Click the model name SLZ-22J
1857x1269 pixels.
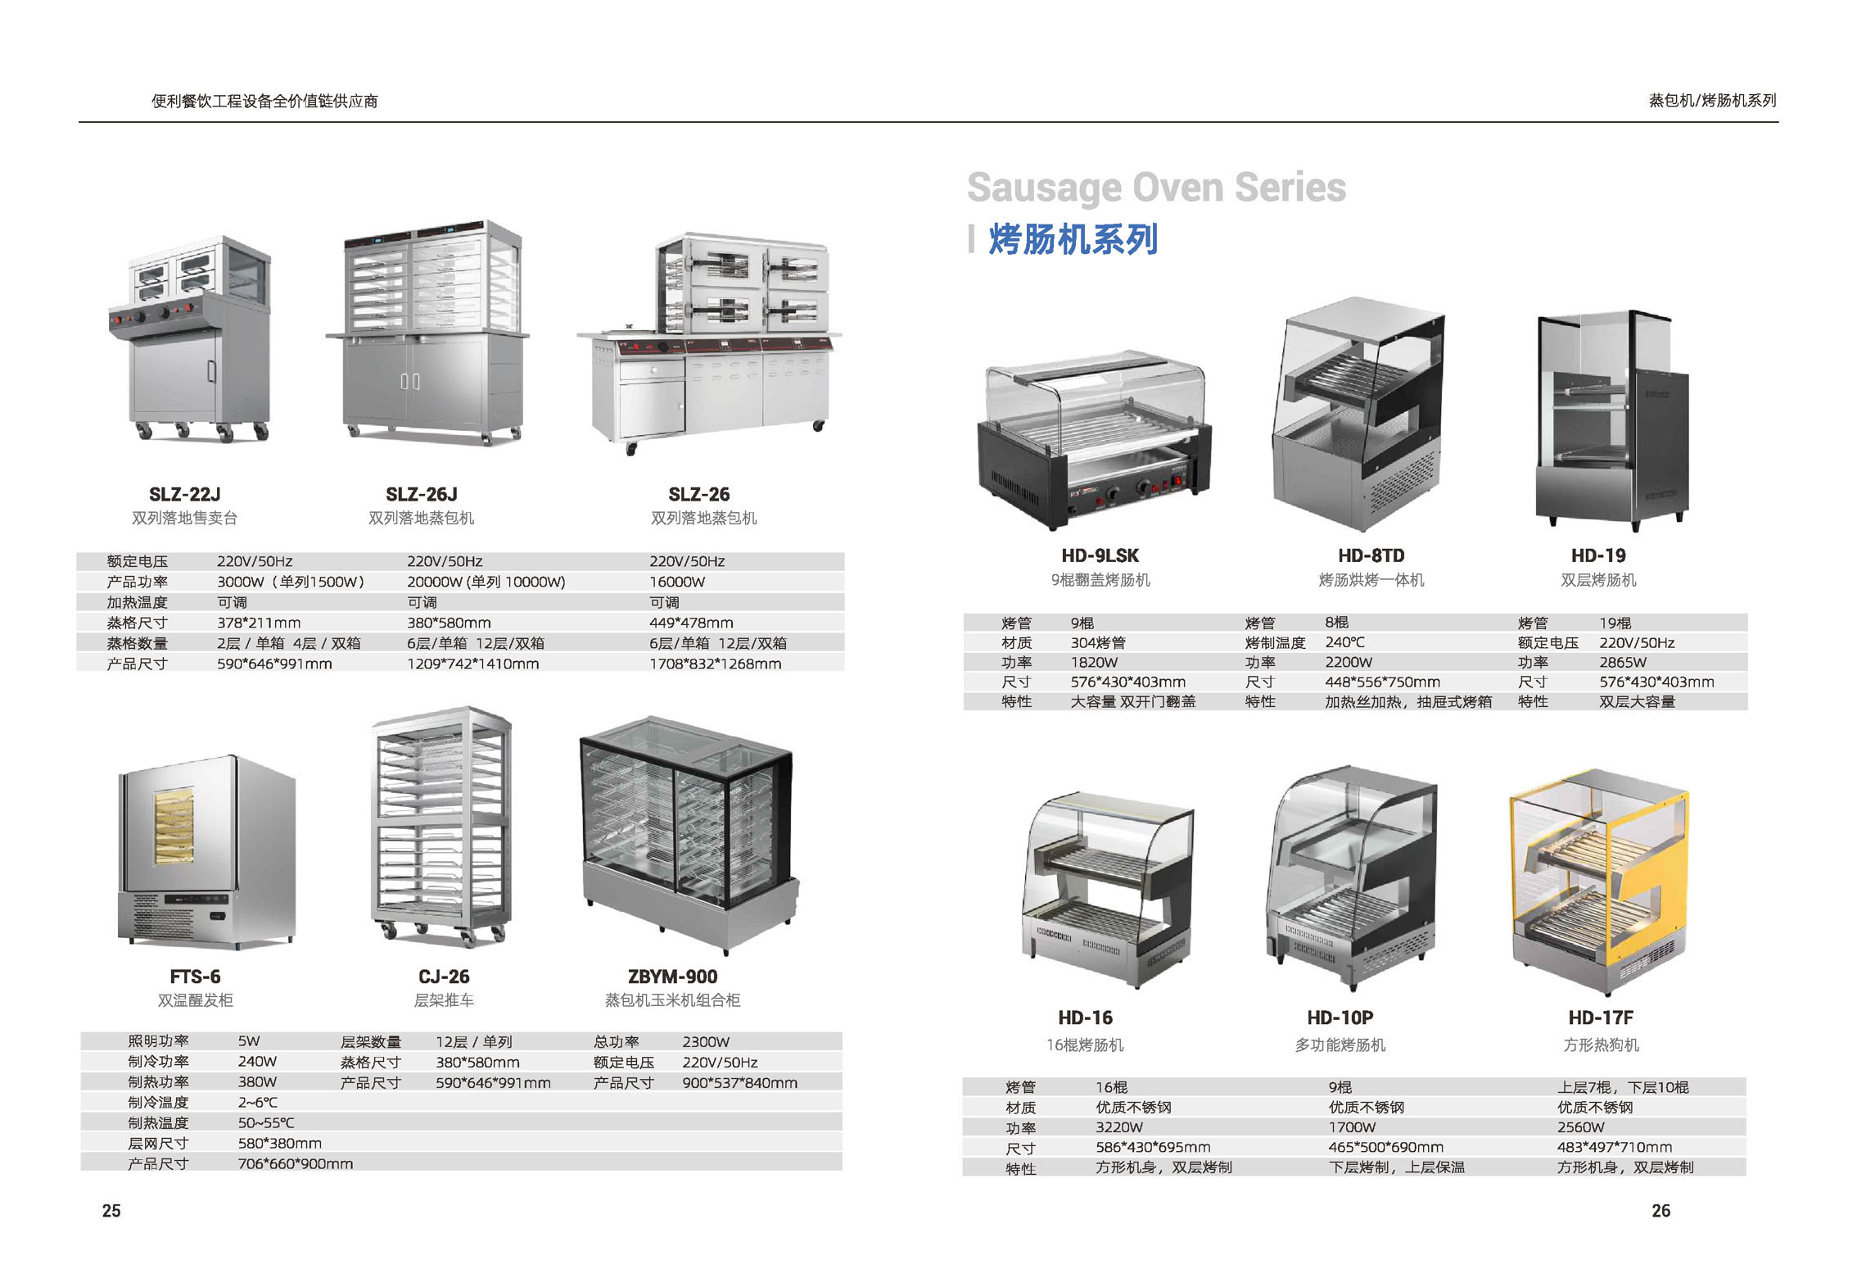(185, 494)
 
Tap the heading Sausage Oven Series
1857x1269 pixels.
(1156, 188)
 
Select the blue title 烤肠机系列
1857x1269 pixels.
(1073, 239)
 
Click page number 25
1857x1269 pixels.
(111, 1211)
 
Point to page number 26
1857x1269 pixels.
(1660, 1211)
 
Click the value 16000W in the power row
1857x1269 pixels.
(677, 582)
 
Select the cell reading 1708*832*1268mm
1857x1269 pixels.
(715, 664)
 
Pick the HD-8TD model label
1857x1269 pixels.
(1371, 555)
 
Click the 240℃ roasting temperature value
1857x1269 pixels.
(1345, 642)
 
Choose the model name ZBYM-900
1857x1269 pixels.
(672, 977)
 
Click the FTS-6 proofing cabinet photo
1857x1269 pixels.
(206, 852)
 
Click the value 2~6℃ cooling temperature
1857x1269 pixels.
(258, 1103)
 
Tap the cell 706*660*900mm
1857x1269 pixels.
(296, 1164)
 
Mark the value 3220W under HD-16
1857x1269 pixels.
(1119, 1127)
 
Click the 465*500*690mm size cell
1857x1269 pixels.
(1386, 1147)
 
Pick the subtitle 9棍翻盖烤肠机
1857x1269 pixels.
(1100, 580)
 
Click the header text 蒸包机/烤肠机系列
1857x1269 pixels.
(1713, 101)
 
